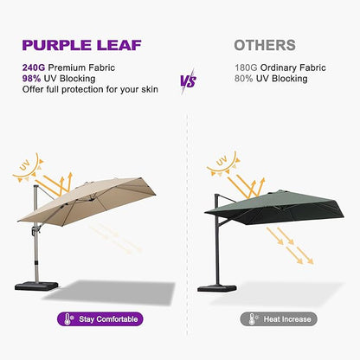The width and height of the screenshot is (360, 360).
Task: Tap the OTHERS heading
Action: pyautogui.click(x=265, y=45)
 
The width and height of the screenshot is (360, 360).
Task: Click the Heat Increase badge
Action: pyautogui.click(x=279, y=318)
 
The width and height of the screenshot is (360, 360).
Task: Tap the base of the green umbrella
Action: pyautogui.click(x=214, y=287)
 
